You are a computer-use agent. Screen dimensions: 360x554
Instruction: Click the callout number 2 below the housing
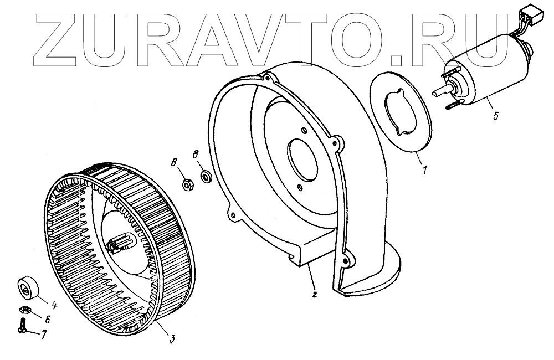[x=314, y=294]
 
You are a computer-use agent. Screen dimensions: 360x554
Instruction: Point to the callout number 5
[x=495, y=116]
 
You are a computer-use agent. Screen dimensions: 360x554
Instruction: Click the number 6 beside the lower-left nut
[x=48, y=320]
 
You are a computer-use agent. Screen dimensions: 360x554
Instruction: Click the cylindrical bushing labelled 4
[x=27, y=287]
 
